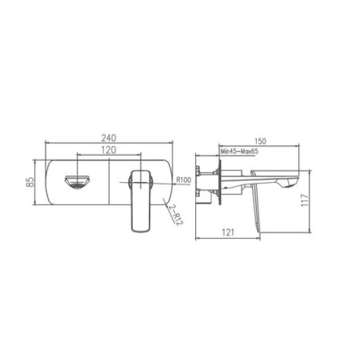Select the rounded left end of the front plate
[48, 182]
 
